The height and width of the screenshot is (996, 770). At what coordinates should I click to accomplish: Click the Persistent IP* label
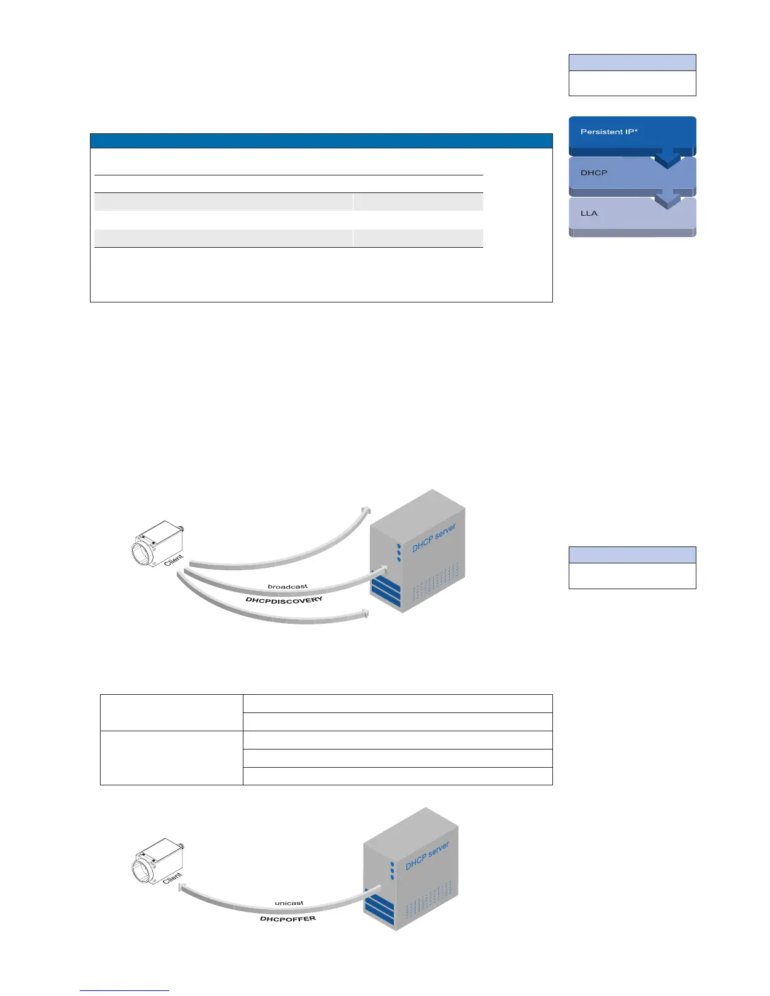click(608, 132)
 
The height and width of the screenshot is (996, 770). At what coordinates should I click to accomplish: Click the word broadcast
click(287, 587)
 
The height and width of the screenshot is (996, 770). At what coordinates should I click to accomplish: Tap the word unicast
click(289, 904)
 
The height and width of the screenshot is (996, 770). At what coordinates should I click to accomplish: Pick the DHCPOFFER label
click(287, 919)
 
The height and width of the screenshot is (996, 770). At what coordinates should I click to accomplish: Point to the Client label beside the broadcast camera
click(174, 559)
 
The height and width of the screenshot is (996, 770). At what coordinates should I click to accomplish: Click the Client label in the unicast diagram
click(172, 877)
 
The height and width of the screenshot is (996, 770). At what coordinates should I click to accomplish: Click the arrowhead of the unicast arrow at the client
click(181, 888)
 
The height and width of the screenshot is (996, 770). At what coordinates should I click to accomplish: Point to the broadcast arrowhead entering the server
click(381, 570)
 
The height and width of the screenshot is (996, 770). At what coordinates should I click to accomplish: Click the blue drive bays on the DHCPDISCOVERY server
click(385, 593)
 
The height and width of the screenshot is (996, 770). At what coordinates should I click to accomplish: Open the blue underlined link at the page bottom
click(125, 991)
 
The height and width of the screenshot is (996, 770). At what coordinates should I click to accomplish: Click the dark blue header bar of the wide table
click(321, 141)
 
